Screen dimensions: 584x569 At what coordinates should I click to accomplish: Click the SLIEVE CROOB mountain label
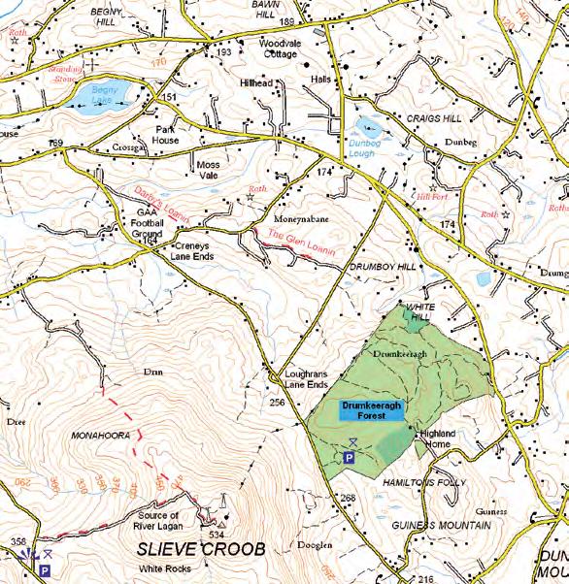pos(202,549)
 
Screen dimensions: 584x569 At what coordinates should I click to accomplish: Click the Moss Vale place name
pos(209,171)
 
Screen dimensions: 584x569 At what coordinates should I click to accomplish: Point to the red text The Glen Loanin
pos(302,243)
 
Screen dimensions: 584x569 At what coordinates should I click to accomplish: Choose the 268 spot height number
pos(349,499)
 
